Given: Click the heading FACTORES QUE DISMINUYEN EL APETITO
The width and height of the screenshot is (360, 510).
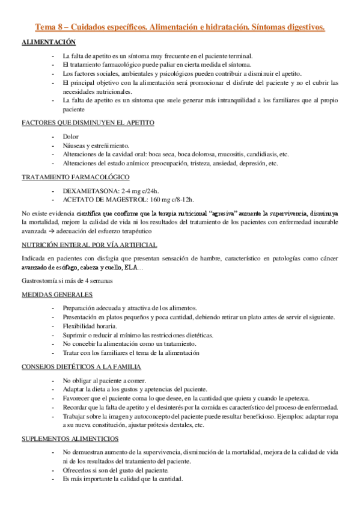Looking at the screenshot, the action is point(88,123).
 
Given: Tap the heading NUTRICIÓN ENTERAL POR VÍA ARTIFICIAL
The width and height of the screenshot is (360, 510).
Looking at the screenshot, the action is point(89,245).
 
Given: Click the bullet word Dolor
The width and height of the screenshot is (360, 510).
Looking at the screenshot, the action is point(71,137).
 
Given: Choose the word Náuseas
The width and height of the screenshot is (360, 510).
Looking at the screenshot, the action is point(75,145).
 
